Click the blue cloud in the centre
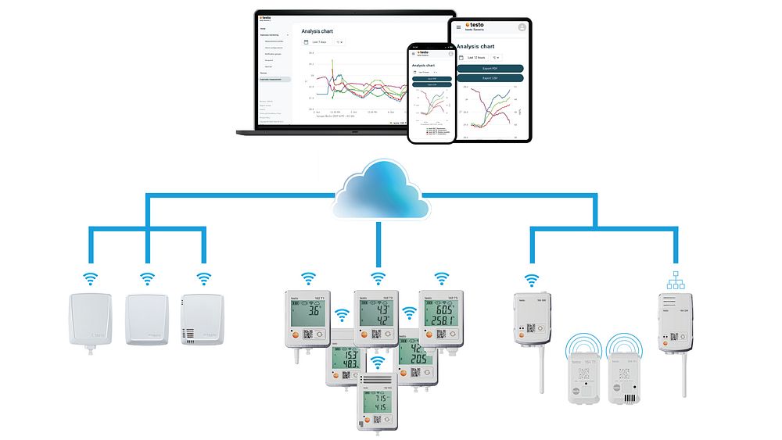coord(381,192)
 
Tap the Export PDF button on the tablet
coord(490,69)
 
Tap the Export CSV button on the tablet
coord(490,78)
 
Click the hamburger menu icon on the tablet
coord(459,27)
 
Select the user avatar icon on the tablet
coord(521,27)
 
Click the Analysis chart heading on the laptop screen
coord(318,31)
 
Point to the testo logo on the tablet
coord(473,25)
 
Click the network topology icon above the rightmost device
coord(673,279)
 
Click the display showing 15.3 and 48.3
coord(346,360)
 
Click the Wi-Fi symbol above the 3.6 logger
coord(309,277)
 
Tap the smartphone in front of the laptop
coord(430,93)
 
